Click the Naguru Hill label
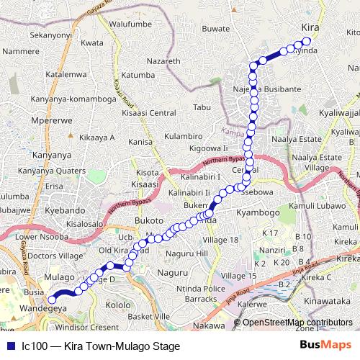pos(186,253)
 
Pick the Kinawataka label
pos(328,294)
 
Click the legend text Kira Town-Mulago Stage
pos(101,346)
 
